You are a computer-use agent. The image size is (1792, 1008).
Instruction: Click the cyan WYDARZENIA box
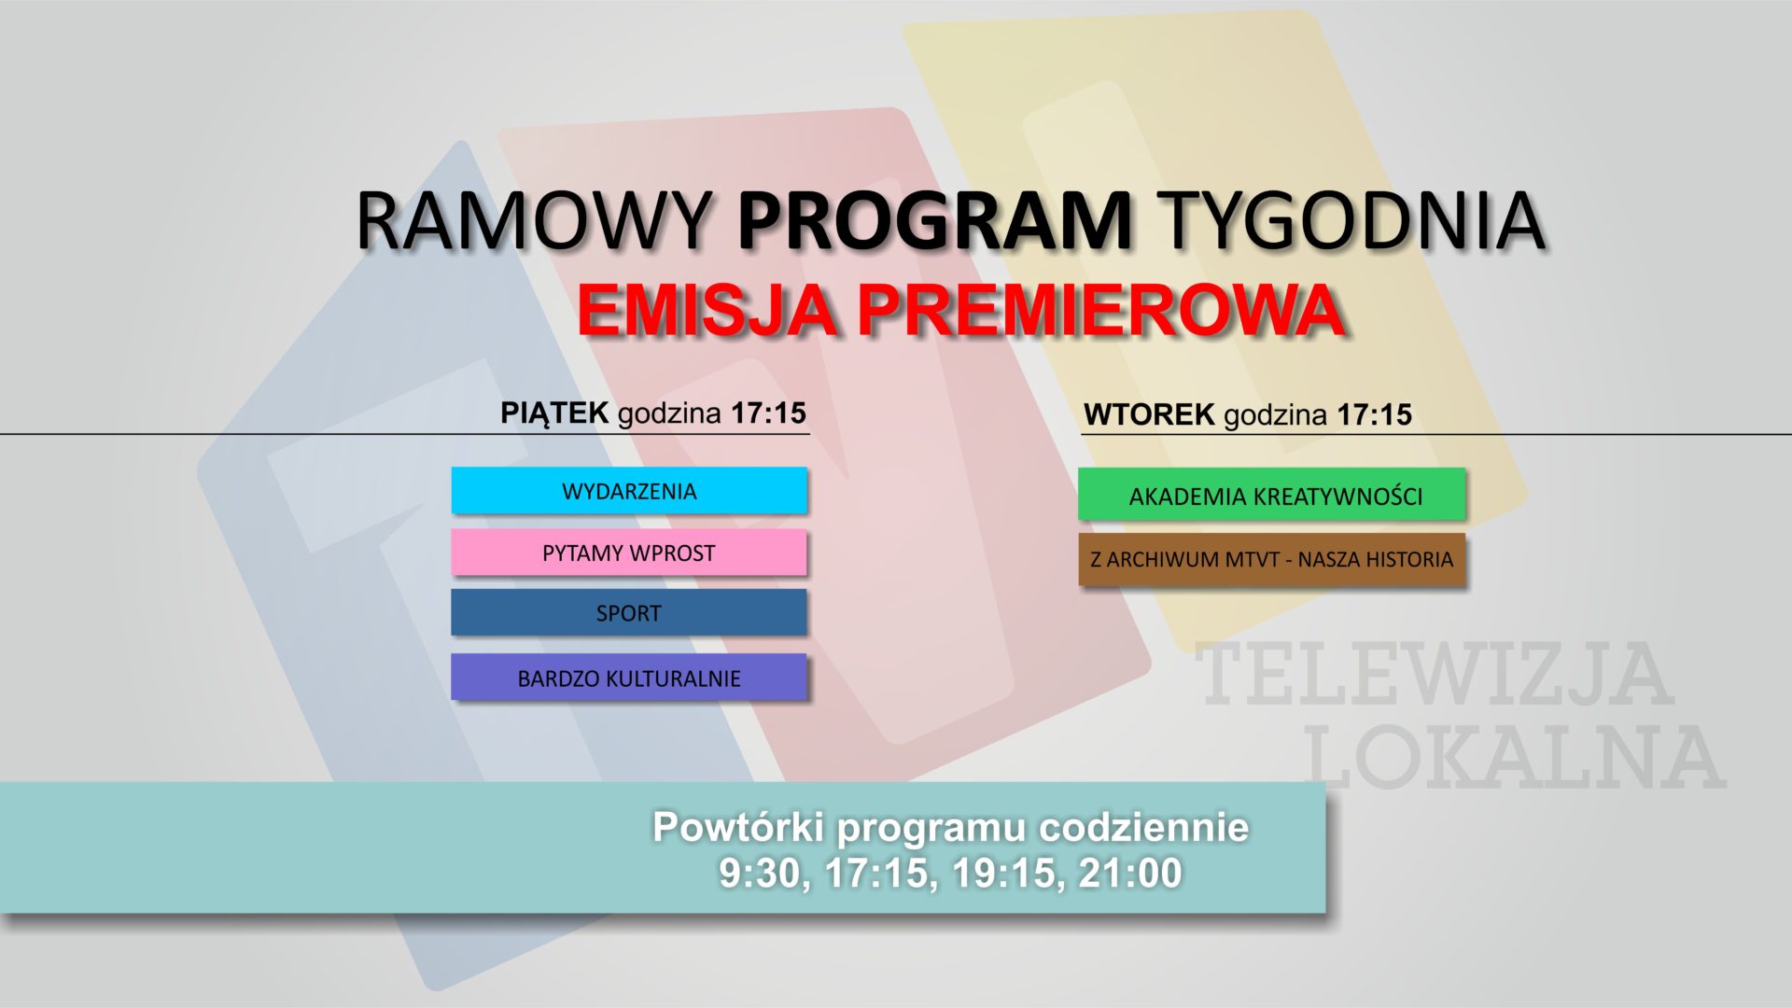click(628, 491)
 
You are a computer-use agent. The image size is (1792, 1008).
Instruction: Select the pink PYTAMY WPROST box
click(628, 553)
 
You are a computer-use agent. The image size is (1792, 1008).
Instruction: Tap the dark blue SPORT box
click(628, 613)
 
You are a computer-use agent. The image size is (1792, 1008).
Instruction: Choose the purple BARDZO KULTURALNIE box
click(628, 678)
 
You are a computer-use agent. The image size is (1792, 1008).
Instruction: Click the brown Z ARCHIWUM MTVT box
click(1271, 559)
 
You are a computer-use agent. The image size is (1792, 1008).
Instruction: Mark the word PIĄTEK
click(554, 413)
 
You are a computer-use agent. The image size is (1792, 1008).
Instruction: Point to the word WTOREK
click(1149, 414)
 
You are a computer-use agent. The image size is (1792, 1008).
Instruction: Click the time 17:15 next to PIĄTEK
click(768, 413)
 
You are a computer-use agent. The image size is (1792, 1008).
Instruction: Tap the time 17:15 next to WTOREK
click(1374, 414)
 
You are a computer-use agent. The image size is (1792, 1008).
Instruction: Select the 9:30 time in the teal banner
click(760, 873)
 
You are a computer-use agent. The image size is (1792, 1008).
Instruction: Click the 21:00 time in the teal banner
click(1130, 873)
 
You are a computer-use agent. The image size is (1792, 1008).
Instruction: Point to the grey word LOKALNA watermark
click(1514, 758)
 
